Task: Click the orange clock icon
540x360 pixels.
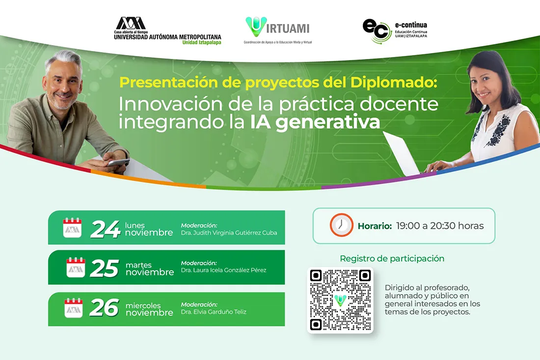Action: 341,225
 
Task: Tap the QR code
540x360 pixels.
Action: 340,300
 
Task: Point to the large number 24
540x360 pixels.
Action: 105,229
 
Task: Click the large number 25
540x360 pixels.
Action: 104,268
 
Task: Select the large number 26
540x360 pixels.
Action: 104,308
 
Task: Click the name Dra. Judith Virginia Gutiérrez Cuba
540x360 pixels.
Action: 229,233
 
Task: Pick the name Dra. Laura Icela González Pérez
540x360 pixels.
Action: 223,270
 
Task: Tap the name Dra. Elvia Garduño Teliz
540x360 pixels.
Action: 214,311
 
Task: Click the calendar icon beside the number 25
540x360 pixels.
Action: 76,268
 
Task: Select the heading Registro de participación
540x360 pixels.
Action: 392,258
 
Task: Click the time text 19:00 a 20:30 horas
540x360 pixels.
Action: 440,226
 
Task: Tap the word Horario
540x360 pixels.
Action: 374,226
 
